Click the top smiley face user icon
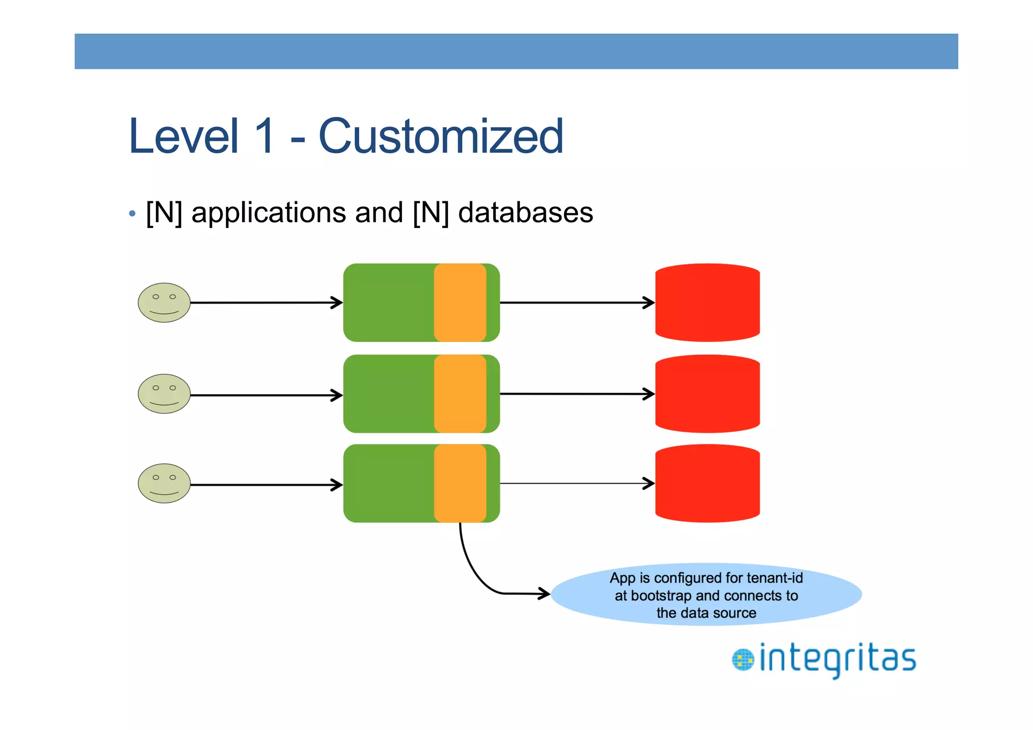click(164, 303)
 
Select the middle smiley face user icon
click(164, 394)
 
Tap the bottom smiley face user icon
click(164, 483)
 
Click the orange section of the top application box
click(460, 303)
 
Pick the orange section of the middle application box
click(460, 394)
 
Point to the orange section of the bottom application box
click(460, 483)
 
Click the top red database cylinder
click(707, 303)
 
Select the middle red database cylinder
click(707, 394)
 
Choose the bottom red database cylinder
click(707, 483)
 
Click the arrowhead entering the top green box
click(337, 303)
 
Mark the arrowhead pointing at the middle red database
click(649, 394)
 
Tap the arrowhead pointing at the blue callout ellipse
click(545, 593)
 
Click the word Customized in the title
click(440, 136)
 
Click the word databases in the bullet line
click(525, 212)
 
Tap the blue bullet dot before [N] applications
click(132, 213)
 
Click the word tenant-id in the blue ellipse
click(774, 578)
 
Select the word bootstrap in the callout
click(661, 596)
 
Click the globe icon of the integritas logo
click(742, 660)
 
